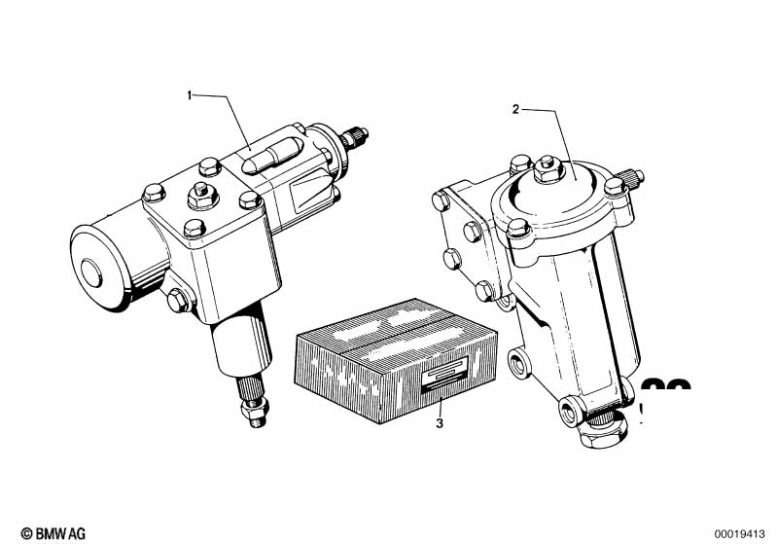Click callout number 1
[x=189, y=95]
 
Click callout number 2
[x=515, y=110]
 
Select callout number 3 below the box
[x=440, y=423]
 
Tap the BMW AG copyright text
[x=53, y=533]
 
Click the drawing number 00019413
[x=739, y=534]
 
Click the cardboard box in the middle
[x=396, y=360]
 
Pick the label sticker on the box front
[x=444, y=375]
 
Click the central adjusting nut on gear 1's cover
[x=202, y=196]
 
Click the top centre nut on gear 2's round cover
[x=548, y=168]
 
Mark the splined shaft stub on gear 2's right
[x=631, y=177]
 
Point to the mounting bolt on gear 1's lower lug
[x=178, y=301]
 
